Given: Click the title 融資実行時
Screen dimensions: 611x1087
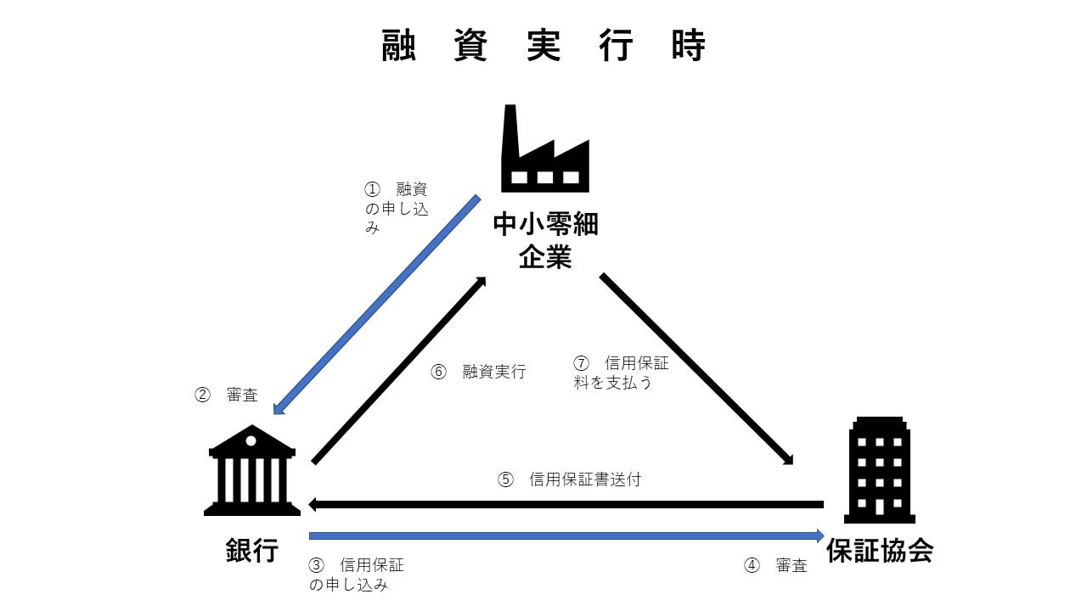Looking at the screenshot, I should click(x=543, y=46).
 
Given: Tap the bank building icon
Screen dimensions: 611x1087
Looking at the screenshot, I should click(x=252, y=471).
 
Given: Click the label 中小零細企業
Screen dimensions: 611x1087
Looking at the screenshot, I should click(x=545, y=240).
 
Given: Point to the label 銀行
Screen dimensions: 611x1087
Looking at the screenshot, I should click(x=252, y=551).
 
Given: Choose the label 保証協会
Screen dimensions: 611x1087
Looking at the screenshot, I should click(x=880, y=551).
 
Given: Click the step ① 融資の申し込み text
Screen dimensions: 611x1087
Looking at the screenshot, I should click(x=396, y=208).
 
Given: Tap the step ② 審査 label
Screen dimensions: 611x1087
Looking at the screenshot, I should click(x=227, y=395).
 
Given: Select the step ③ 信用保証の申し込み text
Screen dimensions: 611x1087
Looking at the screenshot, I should click(x=356, y=575).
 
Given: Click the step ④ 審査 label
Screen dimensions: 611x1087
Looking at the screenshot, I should click(x=776, y=566).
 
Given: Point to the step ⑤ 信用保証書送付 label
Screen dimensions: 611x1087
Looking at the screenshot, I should click(x=569, y=479).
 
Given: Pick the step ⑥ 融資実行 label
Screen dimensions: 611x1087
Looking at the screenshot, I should click(x=479, y=372).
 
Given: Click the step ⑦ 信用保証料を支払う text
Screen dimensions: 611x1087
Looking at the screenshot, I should click(x=621, y=373).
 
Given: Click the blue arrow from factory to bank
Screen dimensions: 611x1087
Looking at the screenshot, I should click(x=377, y=305).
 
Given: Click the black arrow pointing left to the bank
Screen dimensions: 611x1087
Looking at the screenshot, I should click(x=566, y=504).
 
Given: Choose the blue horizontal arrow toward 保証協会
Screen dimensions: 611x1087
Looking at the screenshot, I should click(x=566, y=535).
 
